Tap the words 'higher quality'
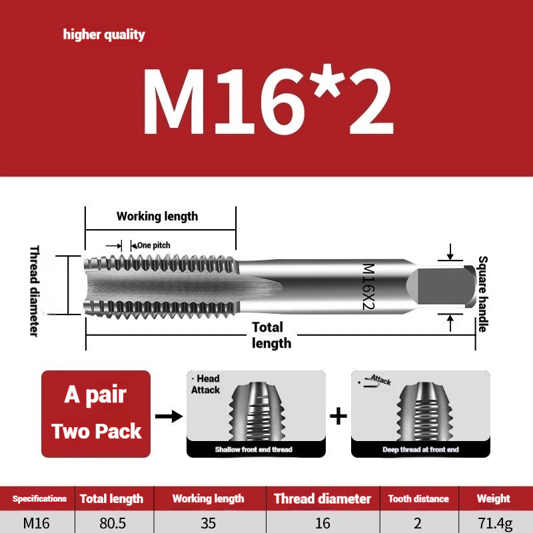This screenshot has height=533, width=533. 104,35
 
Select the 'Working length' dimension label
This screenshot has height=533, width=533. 157,216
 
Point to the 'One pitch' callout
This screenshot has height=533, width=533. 153,245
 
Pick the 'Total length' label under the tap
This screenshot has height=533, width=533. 270,334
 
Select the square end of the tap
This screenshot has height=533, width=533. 440,286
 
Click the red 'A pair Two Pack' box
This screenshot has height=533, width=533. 96,413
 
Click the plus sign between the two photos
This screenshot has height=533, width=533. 338,416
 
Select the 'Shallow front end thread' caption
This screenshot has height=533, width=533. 253,450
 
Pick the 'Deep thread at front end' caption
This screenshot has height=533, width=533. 420,450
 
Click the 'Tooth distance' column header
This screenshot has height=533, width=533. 418,498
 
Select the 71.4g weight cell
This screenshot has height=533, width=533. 493,523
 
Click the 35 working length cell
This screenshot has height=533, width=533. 208,523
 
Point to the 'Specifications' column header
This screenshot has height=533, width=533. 39,498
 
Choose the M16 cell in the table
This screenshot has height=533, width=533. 37,523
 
